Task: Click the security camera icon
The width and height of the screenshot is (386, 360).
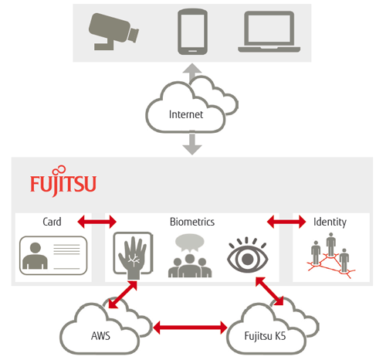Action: [113, 31]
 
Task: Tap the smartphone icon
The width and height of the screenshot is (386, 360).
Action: [192, 32]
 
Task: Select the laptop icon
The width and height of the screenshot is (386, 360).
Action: [269, 32]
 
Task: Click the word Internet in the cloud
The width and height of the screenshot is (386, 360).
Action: [186, 114]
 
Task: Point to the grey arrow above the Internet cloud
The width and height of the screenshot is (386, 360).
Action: [192, 73]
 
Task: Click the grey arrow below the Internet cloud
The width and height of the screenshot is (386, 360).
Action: [192, 144]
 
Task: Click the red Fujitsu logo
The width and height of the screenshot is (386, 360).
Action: [63, 182]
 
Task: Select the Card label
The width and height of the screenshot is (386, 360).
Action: [52, 222]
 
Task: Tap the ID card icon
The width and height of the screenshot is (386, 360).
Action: [53, 256]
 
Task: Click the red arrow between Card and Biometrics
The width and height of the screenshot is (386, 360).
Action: [96, 222]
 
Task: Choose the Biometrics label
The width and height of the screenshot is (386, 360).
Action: [192, 222]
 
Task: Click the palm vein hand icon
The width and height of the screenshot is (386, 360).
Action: [134, 256]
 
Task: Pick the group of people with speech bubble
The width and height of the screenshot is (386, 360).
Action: [190, 256]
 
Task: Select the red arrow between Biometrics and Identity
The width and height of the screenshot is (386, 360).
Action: [286, 222]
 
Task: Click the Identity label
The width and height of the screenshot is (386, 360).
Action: [330, 222]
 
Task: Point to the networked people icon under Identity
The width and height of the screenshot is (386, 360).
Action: [330, 255]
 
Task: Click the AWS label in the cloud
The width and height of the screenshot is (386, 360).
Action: [100, 336]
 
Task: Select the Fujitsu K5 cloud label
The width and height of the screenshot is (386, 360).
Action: [265, 336]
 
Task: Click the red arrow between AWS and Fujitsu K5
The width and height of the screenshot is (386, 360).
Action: [190, 328]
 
